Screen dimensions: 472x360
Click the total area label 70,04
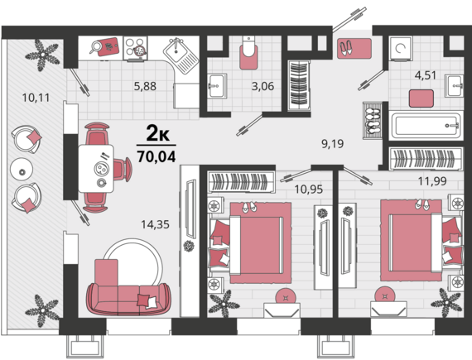click(157, 156)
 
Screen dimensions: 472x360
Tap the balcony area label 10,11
click(36, 98)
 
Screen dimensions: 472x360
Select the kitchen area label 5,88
click(145, 86)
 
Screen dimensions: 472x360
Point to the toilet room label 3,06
click(262, 86)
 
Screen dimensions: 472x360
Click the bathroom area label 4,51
click(426, 75)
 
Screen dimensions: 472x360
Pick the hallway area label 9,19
click(333, 144)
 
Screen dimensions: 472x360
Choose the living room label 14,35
click(156, 224)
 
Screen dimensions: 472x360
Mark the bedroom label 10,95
click(309, 190)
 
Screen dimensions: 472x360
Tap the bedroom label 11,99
click(432, 181)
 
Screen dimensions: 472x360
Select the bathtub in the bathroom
click(426, 126)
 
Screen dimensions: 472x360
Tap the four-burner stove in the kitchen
click(135, 49)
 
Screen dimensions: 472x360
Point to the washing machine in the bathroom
click(400, 49)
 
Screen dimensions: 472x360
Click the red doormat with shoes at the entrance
click(354, 49)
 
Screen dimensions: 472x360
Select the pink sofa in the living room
click(128, 299)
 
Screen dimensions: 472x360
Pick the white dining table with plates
click(96, 169)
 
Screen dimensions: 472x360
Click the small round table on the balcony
click(21, 170)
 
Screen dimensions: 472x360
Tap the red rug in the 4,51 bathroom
click(421, 98)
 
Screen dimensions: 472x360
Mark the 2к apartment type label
click(157, 134)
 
